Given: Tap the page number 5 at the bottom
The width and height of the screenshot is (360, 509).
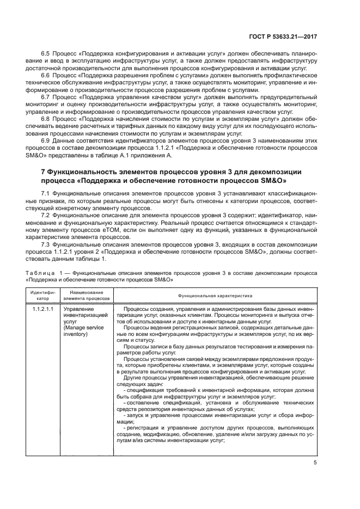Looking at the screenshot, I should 316,463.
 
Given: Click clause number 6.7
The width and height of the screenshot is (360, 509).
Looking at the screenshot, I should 46,95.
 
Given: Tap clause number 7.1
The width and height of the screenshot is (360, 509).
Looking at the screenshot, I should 46,194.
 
